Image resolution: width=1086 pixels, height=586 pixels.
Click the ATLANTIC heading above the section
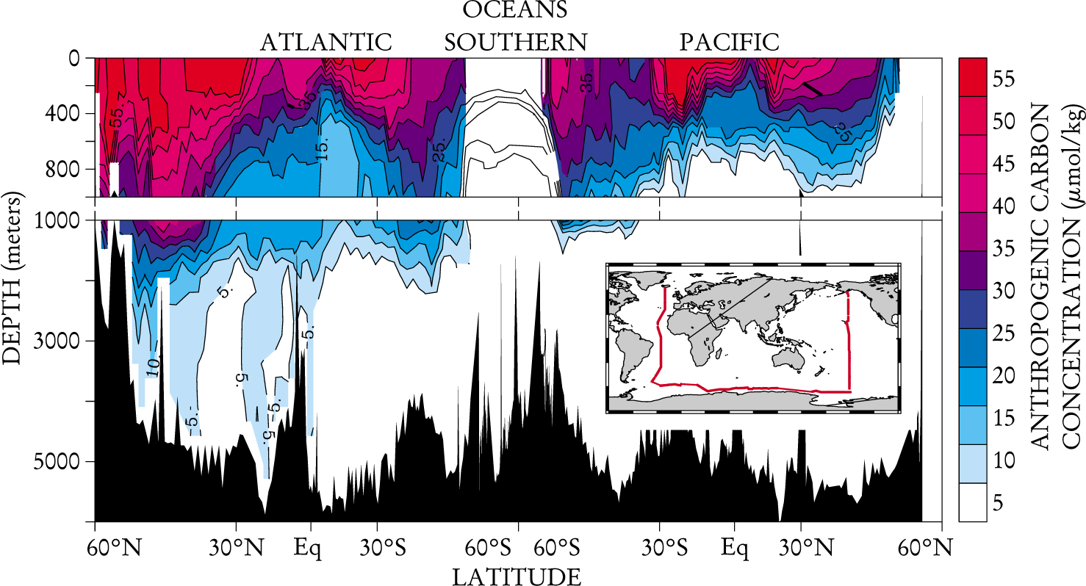pos(326,43)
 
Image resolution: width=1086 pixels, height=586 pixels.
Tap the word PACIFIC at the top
pos(729,43)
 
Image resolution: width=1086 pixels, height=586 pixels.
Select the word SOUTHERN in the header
pos(516,43)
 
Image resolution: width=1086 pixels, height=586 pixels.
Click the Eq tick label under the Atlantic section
pos(308,548)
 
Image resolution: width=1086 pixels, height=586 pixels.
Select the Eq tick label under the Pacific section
pos(733,548)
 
